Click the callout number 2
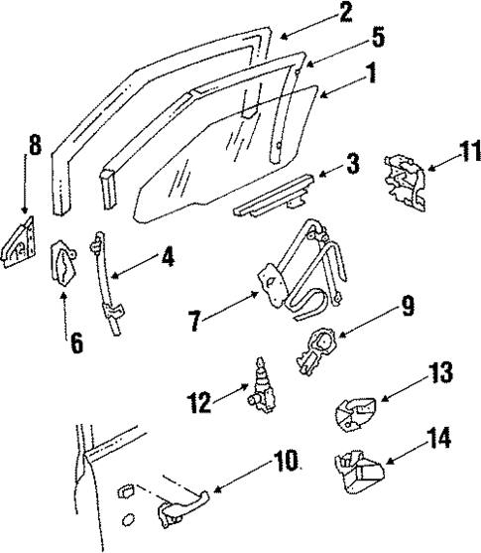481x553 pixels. [x=344, y=13]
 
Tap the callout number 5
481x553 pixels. [x=377, y=41]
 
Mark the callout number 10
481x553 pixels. [x=285, y=463]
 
